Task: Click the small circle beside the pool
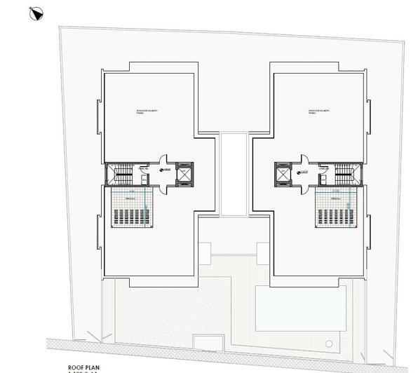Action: coord(329,344)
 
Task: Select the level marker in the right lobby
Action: coord(305,169)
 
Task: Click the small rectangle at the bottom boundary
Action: coord(208,342)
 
